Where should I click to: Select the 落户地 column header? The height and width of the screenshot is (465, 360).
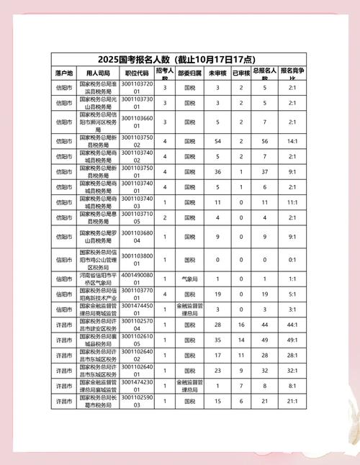(64, 73)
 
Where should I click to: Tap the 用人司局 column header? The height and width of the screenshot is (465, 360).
(98, 73)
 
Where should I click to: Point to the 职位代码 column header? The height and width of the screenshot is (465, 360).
(137, 73)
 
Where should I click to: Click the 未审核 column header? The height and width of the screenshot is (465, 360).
(218, 73)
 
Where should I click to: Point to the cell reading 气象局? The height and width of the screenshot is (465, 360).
(189, 277)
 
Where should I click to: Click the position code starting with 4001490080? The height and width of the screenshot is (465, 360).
(137, 277)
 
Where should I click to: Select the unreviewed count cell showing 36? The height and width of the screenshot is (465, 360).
(218, 171)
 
